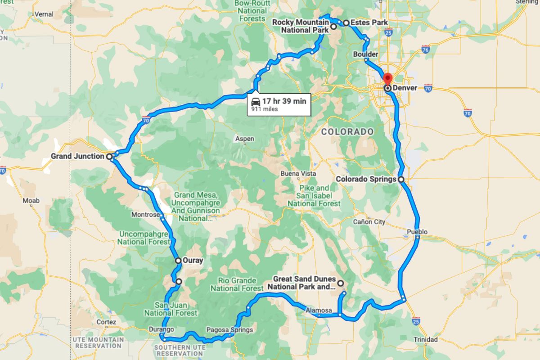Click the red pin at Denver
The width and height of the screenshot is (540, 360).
click(x=387, y=78)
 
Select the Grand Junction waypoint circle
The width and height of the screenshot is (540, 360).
click(x=109, y=157)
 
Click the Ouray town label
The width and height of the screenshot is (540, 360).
click(x=193, y=260)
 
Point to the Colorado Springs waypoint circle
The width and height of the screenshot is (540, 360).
click(x=401, y=179)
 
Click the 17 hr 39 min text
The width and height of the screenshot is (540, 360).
click(x=284, y=101)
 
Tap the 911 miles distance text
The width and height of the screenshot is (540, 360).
click(x=265, y=109)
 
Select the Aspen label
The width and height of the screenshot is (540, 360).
click(x=245, y=139)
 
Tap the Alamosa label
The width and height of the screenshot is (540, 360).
click(x=319, y=310)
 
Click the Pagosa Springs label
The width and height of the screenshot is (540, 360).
click(x=229, y=330)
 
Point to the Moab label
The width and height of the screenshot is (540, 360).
click(x=31, y=200)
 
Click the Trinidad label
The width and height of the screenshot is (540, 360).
click(x=426, y=339)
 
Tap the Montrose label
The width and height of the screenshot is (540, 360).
click(x=145, y=215)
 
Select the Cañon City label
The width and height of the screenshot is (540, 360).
click(x=369, y=221)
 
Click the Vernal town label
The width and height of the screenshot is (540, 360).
click(x=44, y=14)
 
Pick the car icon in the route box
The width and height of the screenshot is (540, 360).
click(x=256, y=101)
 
